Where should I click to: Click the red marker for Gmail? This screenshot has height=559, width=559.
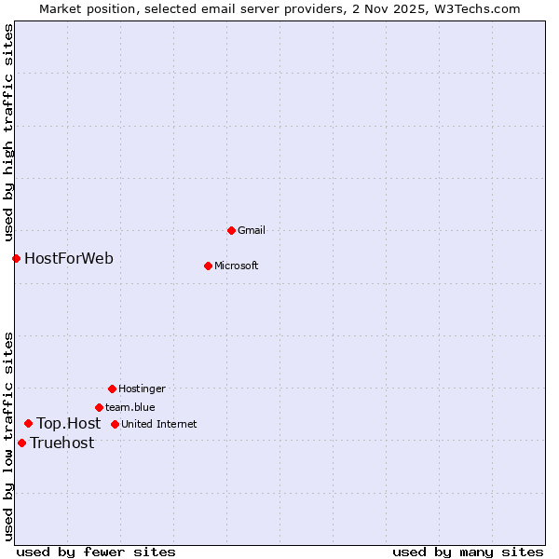coord(231,230)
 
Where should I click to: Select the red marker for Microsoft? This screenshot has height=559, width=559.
coord(208,266)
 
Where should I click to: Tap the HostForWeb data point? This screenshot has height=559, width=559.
coord(16,258)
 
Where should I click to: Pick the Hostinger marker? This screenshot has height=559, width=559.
coord(112,389)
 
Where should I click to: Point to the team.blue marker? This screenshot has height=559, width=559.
coord(99,407)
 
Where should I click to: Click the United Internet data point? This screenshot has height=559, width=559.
coord(115,424)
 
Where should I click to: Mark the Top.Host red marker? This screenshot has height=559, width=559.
coord(28,423)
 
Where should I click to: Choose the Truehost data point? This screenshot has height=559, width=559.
coord(21,443)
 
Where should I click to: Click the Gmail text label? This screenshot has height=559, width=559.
coord(252,230)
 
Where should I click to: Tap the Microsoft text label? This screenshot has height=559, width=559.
coord(236,266)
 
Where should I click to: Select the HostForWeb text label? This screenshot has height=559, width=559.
coord(69,258)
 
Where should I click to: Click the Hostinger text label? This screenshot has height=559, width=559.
coord(142,389)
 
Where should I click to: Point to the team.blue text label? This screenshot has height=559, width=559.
coord(130,407)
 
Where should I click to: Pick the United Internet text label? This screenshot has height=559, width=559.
coord(158,424)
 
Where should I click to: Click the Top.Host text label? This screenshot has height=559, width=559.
coord(68,423)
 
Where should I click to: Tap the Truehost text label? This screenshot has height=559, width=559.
coord(61,443)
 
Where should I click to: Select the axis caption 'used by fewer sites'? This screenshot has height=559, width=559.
coord(96,552)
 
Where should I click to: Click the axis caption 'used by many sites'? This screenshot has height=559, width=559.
coord(468,552)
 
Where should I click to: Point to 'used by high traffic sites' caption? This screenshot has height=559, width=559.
coord(8,130)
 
